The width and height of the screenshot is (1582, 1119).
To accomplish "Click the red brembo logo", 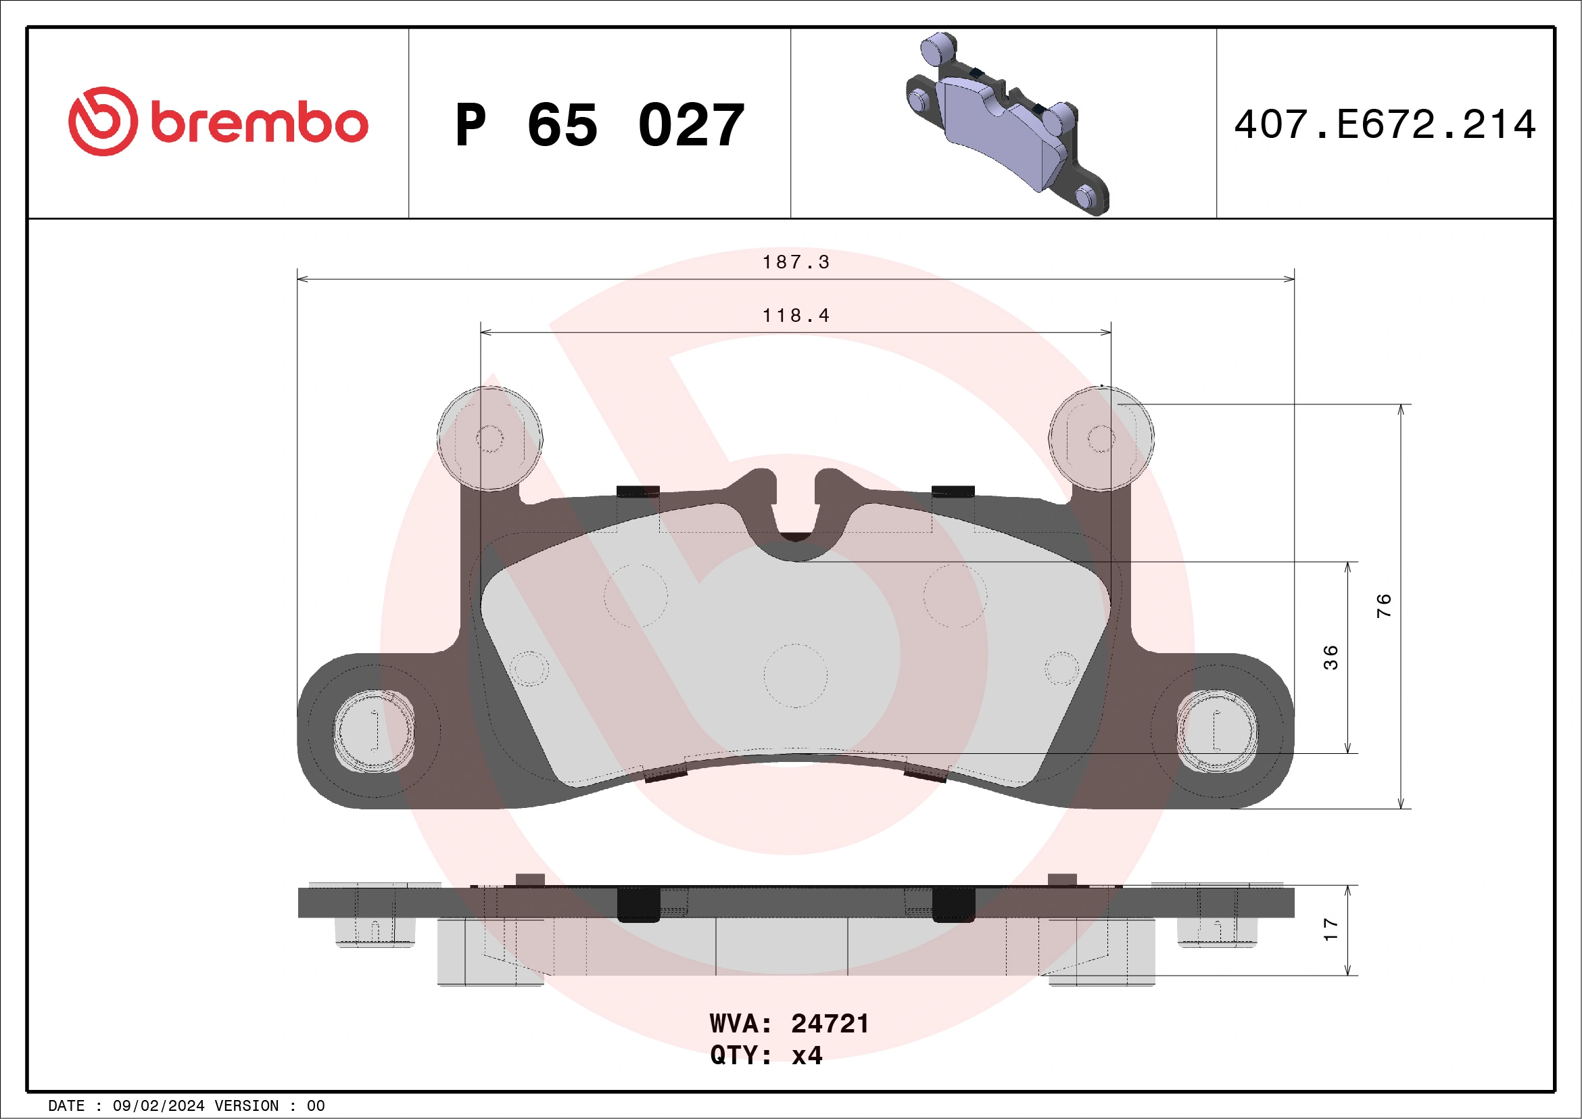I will (x=218, y=122).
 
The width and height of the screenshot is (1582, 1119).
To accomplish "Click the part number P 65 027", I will (x=600, y=125).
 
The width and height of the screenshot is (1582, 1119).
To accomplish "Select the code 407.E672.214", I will (x=1385, y=124).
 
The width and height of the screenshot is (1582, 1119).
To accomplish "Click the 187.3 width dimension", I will (x=796, y=262).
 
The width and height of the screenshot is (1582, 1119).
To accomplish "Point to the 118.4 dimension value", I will (x=796, y=316).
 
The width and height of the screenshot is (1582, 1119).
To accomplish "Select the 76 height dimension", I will (x=1383, y=605).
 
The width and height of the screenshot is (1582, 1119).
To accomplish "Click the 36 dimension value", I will (x=1331, y=657).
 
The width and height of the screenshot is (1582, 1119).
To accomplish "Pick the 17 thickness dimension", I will (x=1331, y=930).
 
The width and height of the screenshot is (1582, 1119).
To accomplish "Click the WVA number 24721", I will (x=830, y=1024).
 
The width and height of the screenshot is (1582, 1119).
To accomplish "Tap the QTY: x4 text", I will (x=766, y=1055).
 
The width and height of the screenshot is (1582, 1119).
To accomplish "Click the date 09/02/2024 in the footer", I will (x=158, y=1106).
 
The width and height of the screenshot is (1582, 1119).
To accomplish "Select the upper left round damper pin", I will (x=490, y=438).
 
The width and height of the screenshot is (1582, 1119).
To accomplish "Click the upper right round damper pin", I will (x=1101, y=438).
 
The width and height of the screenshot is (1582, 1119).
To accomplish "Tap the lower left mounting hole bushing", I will (x=374, y=730).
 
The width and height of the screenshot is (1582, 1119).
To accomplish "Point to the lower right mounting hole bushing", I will (x=1217, y=730).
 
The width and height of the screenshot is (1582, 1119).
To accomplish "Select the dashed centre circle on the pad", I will (x=796, y=676).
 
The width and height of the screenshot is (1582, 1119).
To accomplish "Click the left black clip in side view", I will (x=638, y=904).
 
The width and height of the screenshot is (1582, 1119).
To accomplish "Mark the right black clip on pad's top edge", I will (x=953, y=492).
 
